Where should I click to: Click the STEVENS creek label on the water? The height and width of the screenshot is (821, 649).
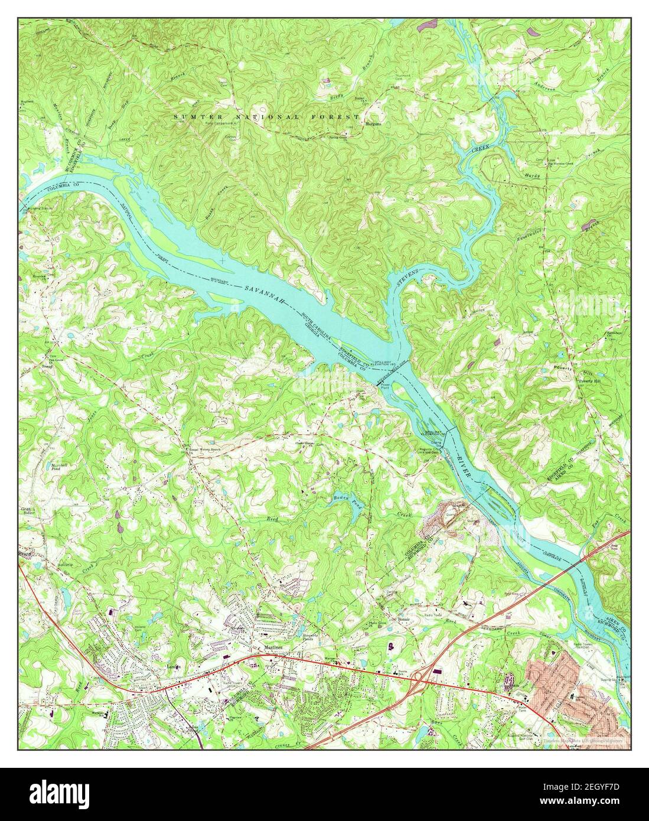tap(407, 280)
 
